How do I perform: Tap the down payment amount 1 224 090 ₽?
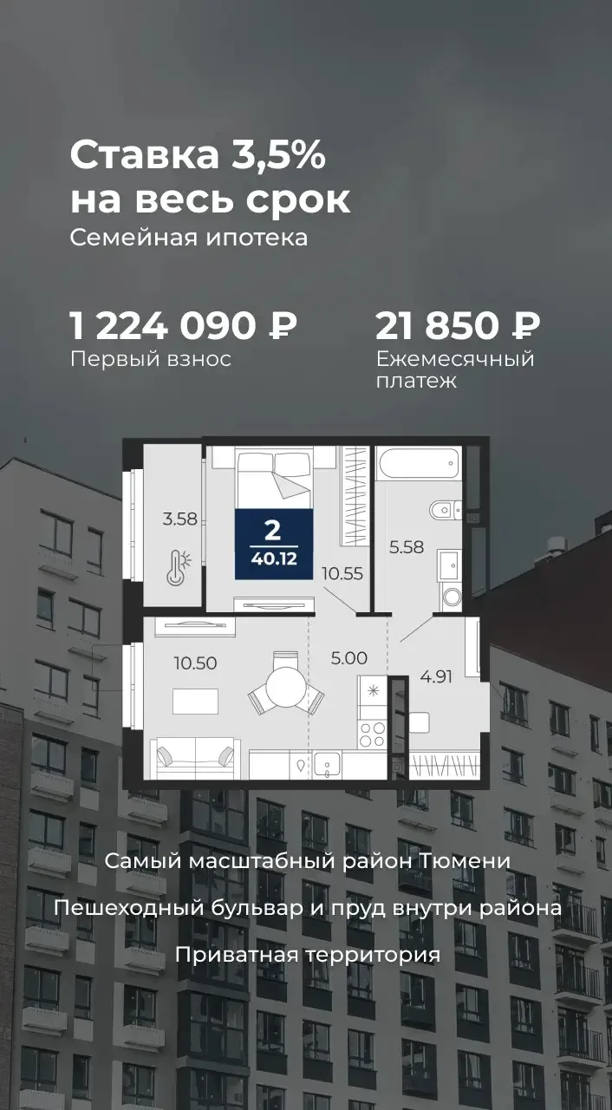coord(184,326)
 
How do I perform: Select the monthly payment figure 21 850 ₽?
coord(458,326)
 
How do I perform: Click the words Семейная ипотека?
coord(189,238)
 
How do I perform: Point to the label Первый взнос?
coord(151,359)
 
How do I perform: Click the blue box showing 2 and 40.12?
coord(274,544)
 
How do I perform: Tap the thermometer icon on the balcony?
coord(179,567)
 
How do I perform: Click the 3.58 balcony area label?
coord(180,519)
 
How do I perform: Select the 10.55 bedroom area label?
coord(342,574)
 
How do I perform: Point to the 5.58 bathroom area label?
coord(407,547)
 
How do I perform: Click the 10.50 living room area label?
coord(196,663)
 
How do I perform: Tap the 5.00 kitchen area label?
coord(349,658)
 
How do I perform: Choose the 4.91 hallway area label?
coord(436,676)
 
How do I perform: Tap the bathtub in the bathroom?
coord(419,463)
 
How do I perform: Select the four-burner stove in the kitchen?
coord(373,735)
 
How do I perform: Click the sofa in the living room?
coord(196,757)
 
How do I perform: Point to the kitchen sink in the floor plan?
coord(327,765)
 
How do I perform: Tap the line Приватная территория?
coord(308,955)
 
